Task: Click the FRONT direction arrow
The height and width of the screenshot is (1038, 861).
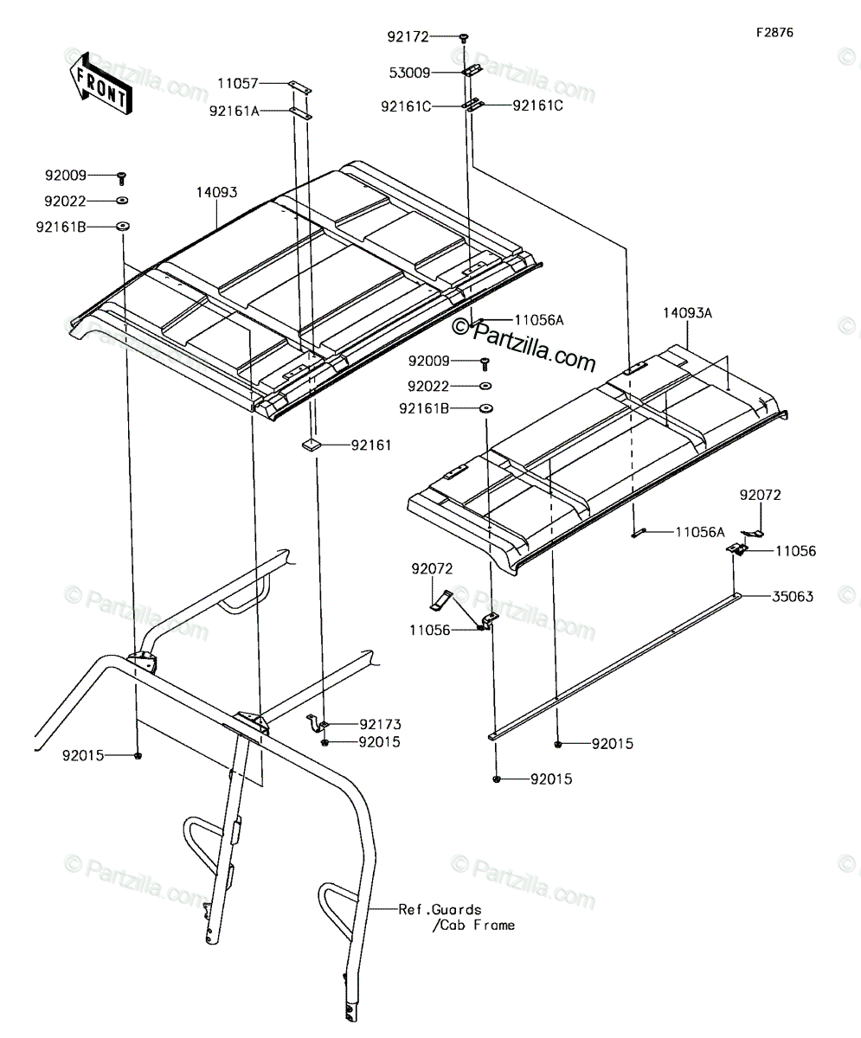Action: pyautogui.click(x=101, y=84)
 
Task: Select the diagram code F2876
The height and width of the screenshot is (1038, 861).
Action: pyautogui.click(x=774, y=33)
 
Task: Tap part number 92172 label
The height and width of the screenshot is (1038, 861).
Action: pyautogui.click(x=408, y=37)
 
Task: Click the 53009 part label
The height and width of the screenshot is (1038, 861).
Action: pyautogui.click(x=409, y=73)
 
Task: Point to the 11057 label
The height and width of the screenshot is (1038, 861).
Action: pyautogui.click(x=238, y=84)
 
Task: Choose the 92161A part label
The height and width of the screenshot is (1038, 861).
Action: pyautogui.click(x=235, y=112)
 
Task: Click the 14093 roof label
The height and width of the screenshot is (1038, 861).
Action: pyautogui.click(x=217, y=192)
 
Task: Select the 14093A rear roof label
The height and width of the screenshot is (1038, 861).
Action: pyautogui.click(x=687, y=313)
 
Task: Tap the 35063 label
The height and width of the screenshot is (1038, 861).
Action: pyautogui.click(x=793, y=596)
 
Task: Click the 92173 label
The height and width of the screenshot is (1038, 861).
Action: pyautogui.click(x=381, y=724)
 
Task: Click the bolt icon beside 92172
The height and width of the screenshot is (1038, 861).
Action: pyautogui.click(x=464, y=37)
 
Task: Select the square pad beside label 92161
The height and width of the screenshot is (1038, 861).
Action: pyautogui.click(x=311, y=445)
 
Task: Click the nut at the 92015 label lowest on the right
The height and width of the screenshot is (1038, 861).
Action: pyautogui.click(x=497, y=778)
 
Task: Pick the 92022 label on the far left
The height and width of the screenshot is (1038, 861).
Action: pyautogui.click(x=65, y=202)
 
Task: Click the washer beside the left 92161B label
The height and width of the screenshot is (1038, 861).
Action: pyautogui.click(x=122, y=227)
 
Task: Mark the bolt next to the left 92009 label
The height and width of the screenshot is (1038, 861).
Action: pyautogui.click(x=122, y=178)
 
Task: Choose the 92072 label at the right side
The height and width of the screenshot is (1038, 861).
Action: pyautogui.click(x=760, y=495)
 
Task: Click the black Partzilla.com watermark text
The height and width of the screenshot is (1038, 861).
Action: pyautogui.click(x=524, y=344)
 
